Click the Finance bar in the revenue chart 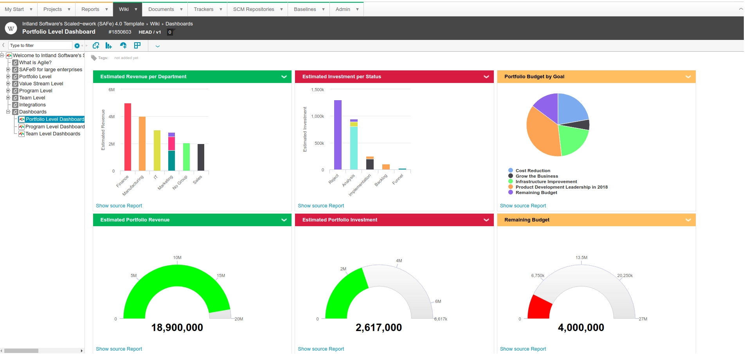(128, 137)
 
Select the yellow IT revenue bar (157, 151)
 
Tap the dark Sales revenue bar (201, 157)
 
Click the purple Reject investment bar (338, 135)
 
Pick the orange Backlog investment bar (386, 167)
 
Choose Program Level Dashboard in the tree (55, 127)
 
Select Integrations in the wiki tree (32, 105)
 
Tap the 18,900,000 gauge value (177, 328)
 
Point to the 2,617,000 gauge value (379, 328)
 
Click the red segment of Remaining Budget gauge (539, 308)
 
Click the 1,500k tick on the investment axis (318, 90)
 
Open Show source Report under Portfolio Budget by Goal (523, 206)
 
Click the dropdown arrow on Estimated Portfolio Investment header (486, 220)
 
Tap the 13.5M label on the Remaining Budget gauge (581, 257)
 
